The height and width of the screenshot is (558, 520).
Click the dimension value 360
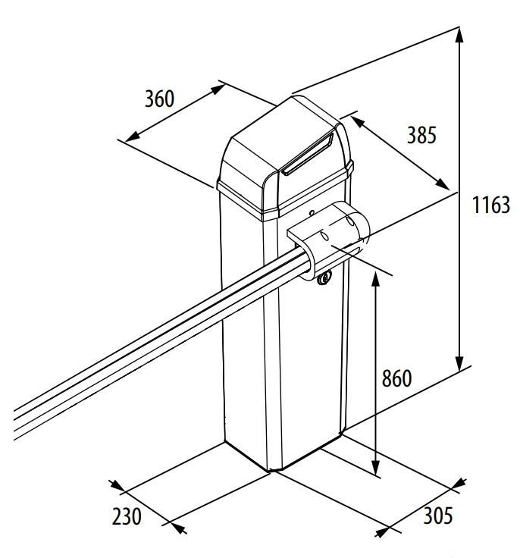click(x=160, y=99)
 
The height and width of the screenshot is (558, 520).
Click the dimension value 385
click(x=421, y=135)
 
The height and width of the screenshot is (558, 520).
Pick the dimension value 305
click(x=437, y=516)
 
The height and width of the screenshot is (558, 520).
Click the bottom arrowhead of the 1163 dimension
click(x=459, y=365)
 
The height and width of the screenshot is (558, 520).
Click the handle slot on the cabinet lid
click(x=307, y=156)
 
